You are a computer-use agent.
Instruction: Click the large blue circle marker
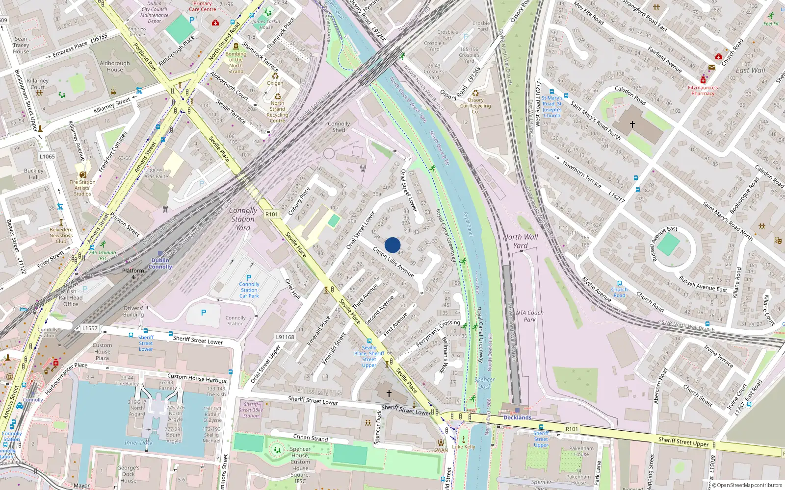[392, 245]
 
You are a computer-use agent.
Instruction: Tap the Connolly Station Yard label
[243, 219]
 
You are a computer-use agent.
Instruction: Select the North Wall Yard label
[521, 241]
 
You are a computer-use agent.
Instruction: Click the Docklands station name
[517, 417]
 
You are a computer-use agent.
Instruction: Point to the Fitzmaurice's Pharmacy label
[703, 91]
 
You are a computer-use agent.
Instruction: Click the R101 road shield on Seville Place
[271, 214]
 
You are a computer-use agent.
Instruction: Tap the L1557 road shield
[90, 328]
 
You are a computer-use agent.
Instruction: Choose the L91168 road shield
[285, 337]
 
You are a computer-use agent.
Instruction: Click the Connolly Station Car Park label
[249, 290]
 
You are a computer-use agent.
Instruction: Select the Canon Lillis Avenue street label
[393, 262]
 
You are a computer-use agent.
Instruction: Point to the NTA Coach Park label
[529, 316]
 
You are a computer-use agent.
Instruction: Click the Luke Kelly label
[464, 447]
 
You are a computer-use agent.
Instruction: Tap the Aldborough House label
[115, 67]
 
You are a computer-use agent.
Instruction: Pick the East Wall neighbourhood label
[750, 71]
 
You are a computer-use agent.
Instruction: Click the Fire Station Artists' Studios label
[82, 188]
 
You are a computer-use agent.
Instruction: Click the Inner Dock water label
[138, 443]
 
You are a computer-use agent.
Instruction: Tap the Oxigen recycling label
[275, 83]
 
